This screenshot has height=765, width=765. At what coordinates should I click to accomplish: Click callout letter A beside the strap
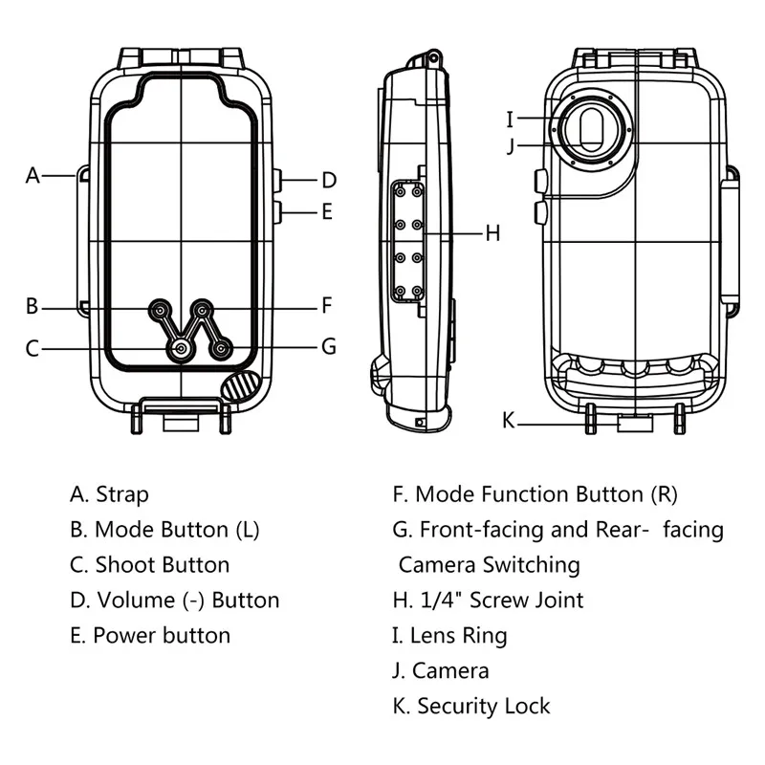(33, 175)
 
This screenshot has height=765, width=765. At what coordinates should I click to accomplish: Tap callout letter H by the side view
(492, 232)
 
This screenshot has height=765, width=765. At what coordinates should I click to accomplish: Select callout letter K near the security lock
(509, 420)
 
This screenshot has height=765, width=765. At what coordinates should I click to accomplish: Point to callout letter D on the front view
(328, 180)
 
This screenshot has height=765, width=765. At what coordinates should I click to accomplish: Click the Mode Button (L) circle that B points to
(159, 309)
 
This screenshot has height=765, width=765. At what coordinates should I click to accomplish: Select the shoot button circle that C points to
(180, 350)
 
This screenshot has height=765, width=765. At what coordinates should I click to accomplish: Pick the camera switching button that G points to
(222, 350)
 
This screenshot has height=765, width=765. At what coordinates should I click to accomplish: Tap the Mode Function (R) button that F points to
(203, 309)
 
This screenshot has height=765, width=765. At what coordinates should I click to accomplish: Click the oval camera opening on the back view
(593, 129)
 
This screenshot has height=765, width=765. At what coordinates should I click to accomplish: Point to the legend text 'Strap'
(122, 494)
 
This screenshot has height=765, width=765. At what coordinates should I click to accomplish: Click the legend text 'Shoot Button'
(163, 564)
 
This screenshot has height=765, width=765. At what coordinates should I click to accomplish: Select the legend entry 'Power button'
(162, 635)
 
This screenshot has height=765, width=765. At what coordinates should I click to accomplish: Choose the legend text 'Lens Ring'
(458, 635)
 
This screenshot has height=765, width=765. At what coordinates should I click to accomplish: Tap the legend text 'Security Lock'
(484, 707)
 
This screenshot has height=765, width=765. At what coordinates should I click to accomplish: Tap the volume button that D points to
(277, 179)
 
